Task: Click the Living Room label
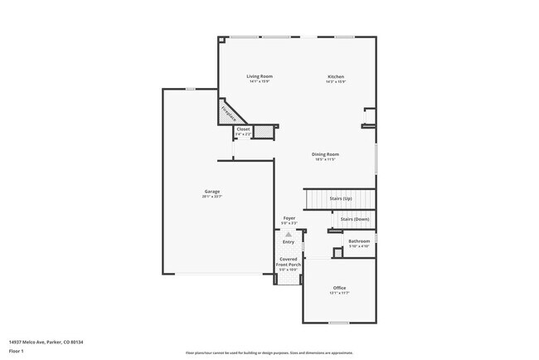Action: [x=260, y=76]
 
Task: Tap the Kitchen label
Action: [x=335, y=76]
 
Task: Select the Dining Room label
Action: [x=325, y=154]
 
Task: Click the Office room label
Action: [x=340, y=287]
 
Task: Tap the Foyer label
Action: [x=289, y=218]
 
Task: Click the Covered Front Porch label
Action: [x=288, y=262]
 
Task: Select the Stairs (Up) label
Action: [x=341, y=199]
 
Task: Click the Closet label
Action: [x=243, y=129]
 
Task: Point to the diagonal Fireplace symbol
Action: [x=228, y=112]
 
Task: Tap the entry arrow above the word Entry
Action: [x=289, y=235]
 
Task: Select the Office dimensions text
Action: [x=340, y=293]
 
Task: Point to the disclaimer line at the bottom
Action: [x=269, y=353]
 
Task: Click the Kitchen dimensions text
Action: [x=335, y=81]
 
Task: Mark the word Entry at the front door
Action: [x=289, y=242]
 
